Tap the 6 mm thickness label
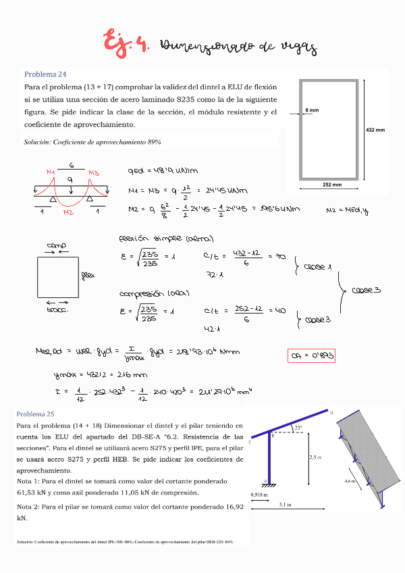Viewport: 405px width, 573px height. pyautogui.click(x=312, y=109)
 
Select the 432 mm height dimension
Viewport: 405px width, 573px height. pyautogui.click(x=375, y=130)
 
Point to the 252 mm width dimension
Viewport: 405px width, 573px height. pyautogui.click(x=331, y=184)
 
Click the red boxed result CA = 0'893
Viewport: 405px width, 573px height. pyautogui.click(x=311, y=355)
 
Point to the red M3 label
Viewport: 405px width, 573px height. pyautogui.click(x=93, y=173)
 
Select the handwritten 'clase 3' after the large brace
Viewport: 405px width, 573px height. pyautogui.click(x=367, y=290)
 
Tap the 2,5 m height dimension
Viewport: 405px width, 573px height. pyautogui.click(x=315, y=457)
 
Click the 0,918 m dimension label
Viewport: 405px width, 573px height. pyautogui.click(x=259, y=495)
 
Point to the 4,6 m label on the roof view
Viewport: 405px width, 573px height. pyautogui.click(x=348, y=481)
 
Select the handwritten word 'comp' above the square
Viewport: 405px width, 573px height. pyautogui.click(x=56, y=245)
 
